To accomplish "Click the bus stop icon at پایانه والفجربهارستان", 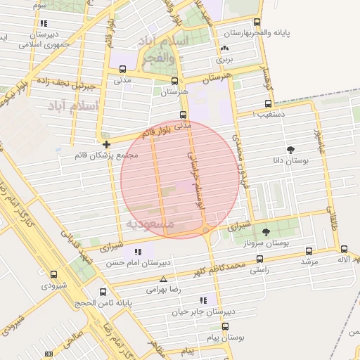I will tap(257, 22).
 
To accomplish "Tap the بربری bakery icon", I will tap(224, 49).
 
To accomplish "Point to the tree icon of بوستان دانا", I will tap(290, 149).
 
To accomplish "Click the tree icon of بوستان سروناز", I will tap(266, 231).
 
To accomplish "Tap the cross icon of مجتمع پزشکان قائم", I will tap(106, 144).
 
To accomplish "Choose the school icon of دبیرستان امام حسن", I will tap(138, 252).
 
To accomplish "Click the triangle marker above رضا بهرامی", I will tap(163, 279).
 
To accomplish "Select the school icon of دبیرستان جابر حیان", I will tap(203, 300).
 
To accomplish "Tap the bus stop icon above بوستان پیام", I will tap(225, 326).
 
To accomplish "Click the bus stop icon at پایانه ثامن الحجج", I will tap(103, 292).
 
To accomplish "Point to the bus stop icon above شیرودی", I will tap(53, 274).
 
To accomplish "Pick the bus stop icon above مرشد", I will tap(309, 250).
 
